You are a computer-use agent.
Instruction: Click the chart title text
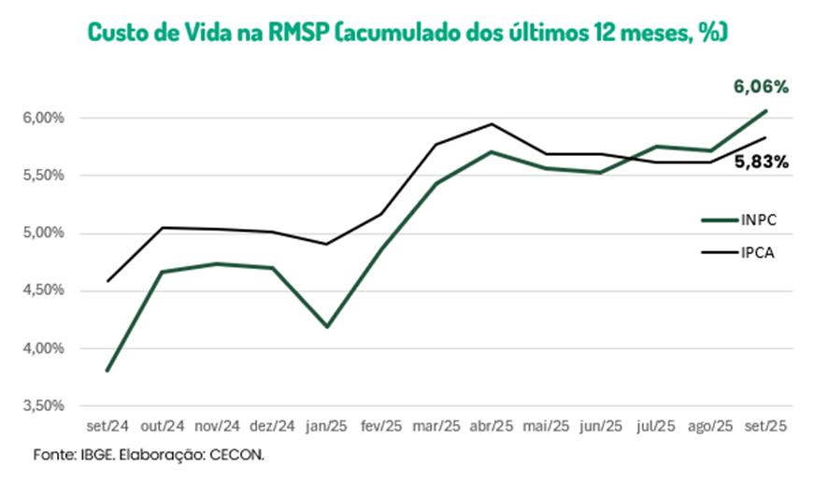click(407, 31)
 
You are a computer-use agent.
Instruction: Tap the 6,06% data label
click(761, 87)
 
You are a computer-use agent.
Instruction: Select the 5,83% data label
click(761, 162)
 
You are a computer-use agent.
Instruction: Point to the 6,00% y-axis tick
click(45, 118)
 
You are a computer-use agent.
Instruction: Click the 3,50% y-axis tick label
click(45, 406)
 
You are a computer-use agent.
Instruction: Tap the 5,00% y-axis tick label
click(45, 234)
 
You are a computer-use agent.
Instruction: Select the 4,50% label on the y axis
click(45, 291)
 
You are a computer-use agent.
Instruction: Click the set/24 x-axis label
click(107, 426)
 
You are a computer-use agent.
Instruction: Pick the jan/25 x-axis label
click(326, 426)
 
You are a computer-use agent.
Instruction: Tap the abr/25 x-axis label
click(491, 426)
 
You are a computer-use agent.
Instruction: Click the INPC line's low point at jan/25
click(327, 327)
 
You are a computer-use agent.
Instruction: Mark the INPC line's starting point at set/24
click(107, 371)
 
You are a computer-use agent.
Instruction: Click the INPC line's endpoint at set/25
click(766, 111)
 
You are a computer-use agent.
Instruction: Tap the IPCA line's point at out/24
click(163, 227)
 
